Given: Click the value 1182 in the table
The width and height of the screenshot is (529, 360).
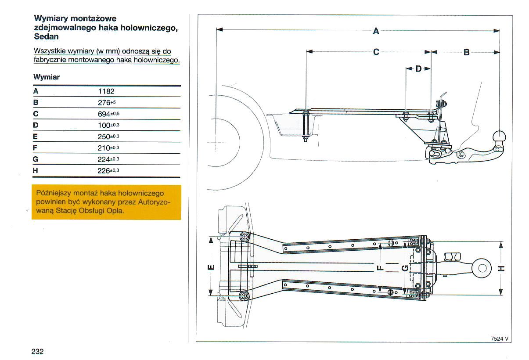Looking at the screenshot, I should [106, 91].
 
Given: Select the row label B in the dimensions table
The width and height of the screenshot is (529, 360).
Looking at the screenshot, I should [36, 103].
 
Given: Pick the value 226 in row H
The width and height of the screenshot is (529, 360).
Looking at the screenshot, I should [104, 170].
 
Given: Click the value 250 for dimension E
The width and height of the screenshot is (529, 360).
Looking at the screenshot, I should [104, 137].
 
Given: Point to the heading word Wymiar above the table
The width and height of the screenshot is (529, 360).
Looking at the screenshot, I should [47, 77].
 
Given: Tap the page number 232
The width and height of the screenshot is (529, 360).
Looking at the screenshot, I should [37, 352].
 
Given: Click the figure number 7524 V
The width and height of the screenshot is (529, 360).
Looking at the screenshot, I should [500, 338].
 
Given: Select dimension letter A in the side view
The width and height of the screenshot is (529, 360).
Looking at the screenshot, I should [376, 31].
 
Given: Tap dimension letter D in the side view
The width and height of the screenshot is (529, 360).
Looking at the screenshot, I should [418, 69].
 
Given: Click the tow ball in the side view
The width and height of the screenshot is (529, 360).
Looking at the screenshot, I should [500, 136].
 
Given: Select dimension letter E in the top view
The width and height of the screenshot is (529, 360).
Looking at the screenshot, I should [211, 267].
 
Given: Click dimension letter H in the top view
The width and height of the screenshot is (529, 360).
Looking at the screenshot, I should [501, 268].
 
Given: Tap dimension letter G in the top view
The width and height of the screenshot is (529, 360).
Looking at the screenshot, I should [406, 267].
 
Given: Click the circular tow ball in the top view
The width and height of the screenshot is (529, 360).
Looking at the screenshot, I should [482, 267].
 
